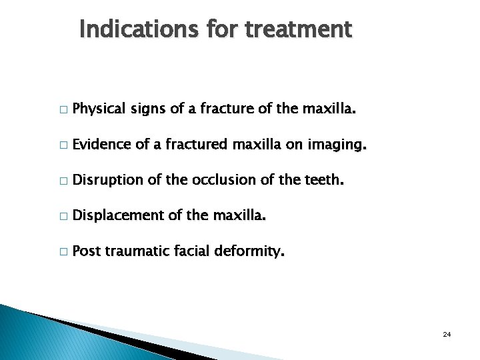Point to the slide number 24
pos(447,333)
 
